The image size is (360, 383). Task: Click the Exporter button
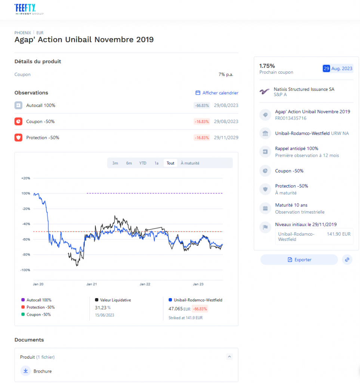pyautogui.click(x=299, y=260)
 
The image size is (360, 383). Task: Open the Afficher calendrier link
pyautogui.click(x=217, y=93)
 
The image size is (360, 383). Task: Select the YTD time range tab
pyautogui.click(x=143, y=163)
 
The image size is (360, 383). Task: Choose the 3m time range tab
pyautogui.click(x=115, y=163)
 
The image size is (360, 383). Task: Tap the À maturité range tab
pyautogui.click(x=190, y=163)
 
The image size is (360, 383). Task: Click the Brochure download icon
pyautogui.click(x=25, y=371)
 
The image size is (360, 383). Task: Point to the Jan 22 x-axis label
pyautogui.click(x=145, y=284)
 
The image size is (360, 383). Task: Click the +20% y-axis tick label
pyautogui.click(x=26, y=178)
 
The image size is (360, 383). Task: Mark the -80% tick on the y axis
pyautogui.click(x=26, y=255)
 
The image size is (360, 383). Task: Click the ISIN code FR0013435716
pyautogui.click(x=290, y=118)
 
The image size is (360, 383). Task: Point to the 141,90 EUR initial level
pyautogui.click(x=338, y=234)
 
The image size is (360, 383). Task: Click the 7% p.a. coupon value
pyautogui.click(x=226, y=74)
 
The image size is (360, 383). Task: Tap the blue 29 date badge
pyautogui.click(x=326, y=68)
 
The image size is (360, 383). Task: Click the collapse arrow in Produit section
pyautogui.click(x=230, y=357)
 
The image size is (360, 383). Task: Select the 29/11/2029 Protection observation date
pyautogui.click(x=225, y=138)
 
